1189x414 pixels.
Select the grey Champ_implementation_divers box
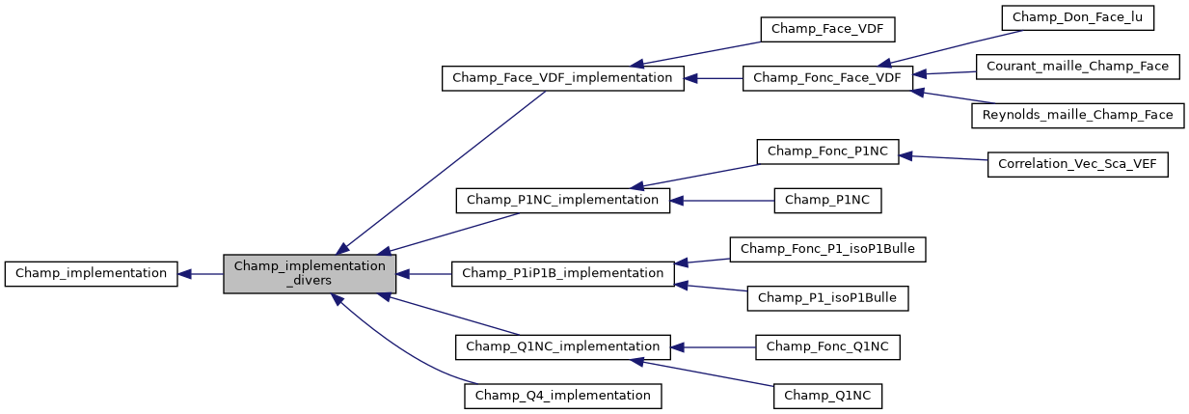pyautogui.click(x=310, y=273)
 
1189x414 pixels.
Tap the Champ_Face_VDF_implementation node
pyautogui.click(x=562, y=78)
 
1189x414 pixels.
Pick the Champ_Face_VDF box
pyautogui.click(x=828, y=29)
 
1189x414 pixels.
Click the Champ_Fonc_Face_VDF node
pyautogui.click(x=827, y=78)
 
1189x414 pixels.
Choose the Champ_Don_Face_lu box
pyautogui.click(x=1077, y=17)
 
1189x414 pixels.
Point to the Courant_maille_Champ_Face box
pyautogui.click(x=1077, y=67)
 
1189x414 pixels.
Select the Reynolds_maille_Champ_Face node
pyautogui.click(x=1077, y=115)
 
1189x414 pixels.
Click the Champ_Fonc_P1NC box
pyautogui.click(x=827, y=152)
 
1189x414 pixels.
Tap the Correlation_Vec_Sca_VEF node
pyautogui.click(x=1077, y=164)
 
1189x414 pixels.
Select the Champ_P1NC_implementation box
pyautogui.click(x=562, y=201)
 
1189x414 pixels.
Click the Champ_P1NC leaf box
pyautogui.click(x=827, y=201)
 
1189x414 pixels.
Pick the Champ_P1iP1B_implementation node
pyautogui.click(x=562, y=273)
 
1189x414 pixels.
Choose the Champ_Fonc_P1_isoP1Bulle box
pyautogui.click(x=827, y=249)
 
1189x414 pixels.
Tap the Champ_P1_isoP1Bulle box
pyautogui.click(x=827, y=298)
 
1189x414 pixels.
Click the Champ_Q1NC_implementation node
pyautogui.click(x=562, y=346)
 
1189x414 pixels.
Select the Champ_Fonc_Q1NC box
pyautogui.click(x=827, y=346)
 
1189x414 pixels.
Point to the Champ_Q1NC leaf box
pyautogui.click(x=827, y=396)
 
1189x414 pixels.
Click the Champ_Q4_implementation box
pyautogui.click(x=562, y=396)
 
